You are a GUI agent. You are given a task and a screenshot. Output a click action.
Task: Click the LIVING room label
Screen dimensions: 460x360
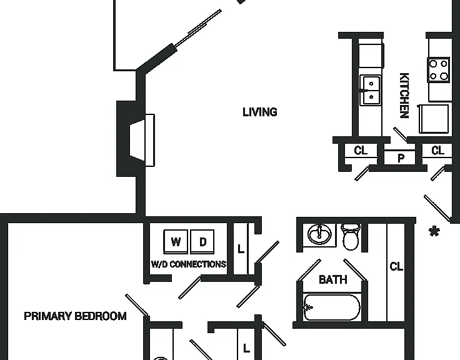260,112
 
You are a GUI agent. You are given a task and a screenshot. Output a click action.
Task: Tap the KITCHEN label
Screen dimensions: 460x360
404,96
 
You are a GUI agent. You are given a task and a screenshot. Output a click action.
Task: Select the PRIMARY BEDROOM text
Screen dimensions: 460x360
75,316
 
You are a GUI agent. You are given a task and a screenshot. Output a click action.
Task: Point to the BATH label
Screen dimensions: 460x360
333,279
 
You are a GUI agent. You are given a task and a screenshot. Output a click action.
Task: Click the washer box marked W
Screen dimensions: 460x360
176,241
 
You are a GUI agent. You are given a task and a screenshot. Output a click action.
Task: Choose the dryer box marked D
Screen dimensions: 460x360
202,241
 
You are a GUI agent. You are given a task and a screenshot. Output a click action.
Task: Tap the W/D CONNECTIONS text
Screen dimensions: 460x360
189,264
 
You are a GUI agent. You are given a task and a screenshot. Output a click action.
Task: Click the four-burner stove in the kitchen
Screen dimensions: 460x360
439,70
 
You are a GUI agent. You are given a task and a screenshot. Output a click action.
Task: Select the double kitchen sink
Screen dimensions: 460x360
370,90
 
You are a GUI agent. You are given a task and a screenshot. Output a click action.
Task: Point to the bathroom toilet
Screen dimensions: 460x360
351,236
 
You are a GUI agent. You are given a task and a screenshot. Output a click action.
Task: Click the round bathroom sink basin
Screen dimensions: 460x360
320,234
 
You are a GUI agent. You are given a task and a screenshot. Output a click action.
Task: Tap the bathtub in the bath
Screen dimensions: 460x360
332,307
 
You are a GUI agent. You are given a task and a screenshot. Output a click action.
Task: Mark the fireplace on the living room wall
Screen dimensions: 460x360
135,139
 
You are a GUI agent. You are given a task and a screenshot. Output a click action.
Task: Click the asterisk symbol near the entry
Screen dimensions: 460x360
434,231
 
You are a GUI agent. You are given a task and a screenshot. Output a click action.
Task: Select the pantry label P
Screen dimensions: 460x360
401,158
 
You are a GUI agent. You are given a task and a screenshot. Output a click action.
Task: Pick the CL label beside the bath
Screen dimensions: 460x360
396,266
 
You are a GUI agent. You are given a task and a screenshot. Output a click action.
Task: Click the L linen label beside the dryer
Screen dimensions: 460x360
241,249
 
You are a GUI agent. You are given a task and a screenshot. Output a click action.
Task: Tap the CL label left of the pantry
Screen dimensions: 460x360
361,151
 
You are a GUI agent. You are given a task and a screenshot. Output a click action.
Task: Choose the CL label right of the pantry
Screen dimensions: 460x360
437,151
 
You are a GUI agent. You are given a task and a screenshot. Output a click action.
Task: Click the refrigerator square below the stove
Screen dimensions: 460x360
434,119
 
